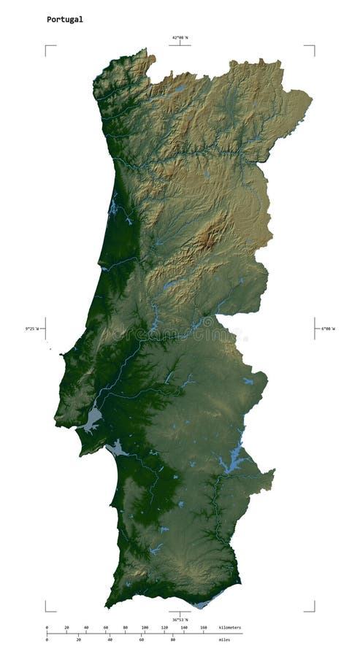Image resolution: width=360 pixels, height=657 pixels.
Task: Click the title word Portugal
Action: tap(65, 20)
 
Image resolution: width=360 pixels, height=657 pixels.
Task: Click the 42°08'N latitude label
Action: tap(180, 37)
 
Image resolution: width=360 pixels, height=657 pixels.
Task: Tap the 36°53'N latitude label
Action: tap(180, 620)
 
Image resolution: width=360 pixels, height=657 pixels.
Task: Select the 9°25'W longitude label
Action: tap(32, 328)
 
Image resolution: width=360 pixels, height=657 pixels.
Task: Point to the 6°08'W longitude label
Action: tap(328, 328)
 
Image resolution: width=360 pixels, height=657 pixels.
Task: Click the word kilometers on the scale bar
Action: tap(229, 627)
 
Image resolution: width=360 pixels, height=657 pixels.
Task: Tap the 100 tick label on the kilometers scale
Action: tap(145, 627)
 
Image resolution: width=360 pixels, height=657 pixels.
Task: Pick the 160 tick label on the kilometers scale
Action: tap(204, 627)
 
